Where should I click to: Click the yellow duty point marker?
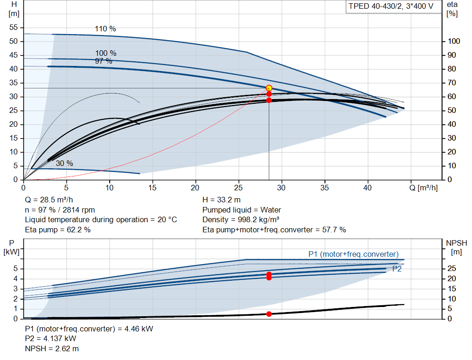(x=269, y=88)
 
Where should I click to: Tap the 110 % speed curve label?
(x=106, y=29)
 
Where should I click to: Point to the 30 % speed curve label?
(x=65, y=164)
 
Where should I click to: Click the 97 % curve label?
(x=104, y=61)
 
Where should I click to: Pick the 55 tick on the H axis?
(x=13, y=27)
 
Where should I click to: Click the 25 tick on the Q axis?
(x=238, y=188)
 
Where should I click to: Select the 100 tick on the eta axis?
(x=454, y=41)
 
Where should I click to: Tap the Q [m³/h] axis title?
(x=424, y=188)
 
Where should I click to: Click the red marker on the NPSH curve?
(x=269, y=314)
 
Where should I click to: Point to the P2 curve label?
(x=397, y=269)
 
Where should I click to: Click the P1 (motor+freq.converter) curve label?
(x=354, y=254)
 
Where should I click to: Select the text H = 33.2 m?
(x=222, y=200)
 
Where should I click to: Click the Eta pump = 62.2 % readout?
(x=58, y=230)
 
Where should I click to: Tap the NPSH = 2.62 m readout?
(x=52, y=348)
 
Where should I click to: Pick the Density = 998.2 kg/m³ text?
(x=241, y=220)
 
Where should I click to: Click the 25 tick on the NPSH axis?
(x=452, y=268)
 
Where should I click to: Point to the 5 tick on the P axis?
(x=16, y=268)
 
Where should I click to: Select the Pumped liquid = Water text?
(x=242, y=210)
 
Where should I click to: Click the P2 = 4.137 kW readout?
(x=51, y=339)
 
